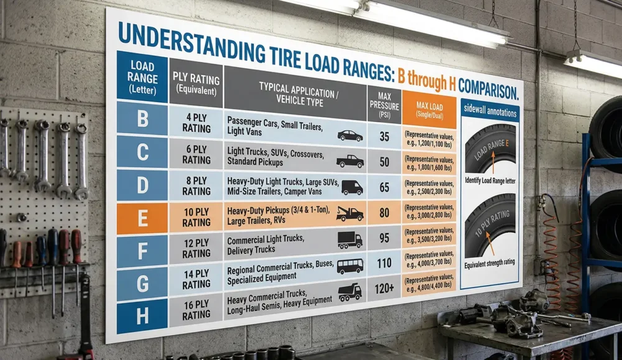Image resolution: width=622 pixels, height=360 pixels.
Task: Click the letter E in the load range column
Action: click(x=142, y=218)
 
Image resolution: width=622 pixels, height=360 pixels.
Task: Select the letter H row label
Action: click(x=142, y=316)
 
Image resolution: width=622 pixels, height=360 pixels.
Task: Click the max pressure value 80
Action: click(x=384, y=213)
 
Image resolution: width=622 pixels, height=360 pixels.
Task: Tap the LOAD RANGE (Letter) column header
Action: click(x=142, y=77)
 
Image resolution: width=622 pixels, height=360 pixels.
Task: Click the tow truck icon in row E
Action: click(x=350, y=214)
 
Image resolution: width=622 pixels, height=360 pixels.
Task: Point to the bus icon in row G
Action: click(x=350, y=266)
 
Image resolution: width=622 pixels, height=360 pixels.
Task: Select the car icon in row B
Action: click(x=350, y=135)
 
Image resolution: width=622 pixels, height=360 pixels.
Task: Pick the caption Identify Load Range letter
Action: click(x=490, y=180)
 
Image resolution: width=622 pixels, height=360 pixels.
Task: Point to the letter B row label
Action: click(x=142, y=119)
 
